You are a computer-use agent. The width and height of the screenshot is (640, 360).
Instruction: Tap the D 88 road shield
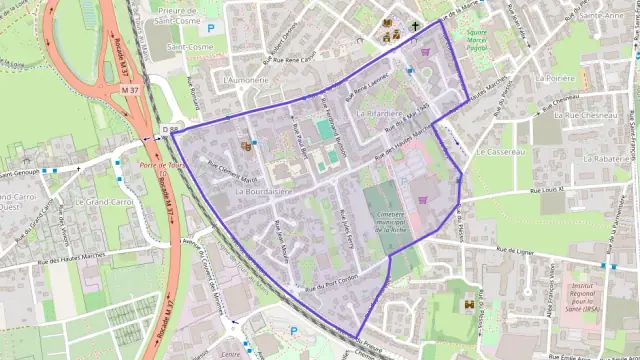(x=170, y=129)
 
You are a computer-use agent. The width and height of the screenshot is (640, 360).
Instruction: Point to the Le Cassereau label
(x=500, y=151)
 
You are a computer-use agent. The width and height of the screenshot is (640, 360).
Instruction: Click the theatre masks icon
(x=246, y=146)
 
